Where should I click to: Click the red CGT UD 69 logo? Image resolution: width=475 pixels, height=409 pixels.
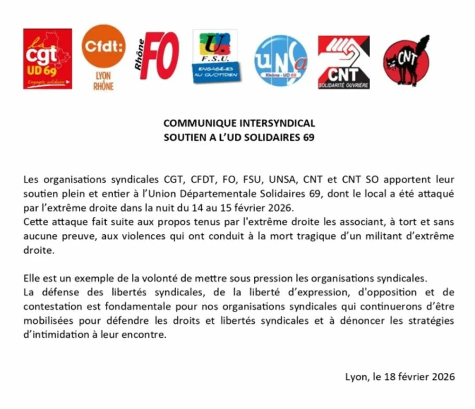pyautogui.click(x=47, y=58)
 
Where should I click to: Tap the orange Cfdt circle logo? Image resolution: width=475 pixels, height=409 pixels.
pyautogui.click(x=103, y=46)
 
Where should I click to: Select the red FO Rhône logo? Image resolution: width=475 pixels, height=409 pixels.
pyautogui.click(x=157, y=56)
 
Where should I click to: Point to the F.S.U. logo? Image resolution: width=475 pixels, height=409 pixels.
pyautogui.click(x=214, y=56)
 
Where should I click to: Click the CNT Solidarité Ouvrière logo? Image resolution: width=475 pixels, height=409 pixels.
pyautogui.click(x=344, y=62)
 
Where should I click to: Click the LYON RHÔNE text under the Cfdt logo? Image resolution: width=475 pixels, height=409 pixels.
pyautogui.click(x=103, y=82)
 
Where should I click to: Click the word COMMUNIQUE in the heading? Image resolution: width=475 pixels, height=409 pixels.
pyautogui.click(x=200, y=123)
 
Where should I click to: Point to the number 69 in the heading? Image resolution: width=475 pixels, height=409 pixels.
pyautogui.click(x=308, y=138)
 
